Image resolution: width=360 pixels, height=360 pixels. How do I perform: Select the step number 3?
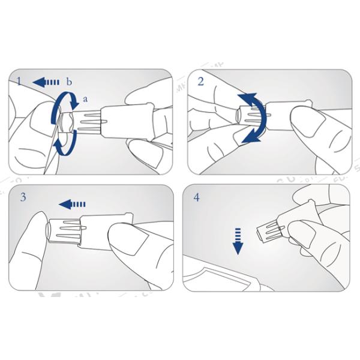click(x=23, y=197)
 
